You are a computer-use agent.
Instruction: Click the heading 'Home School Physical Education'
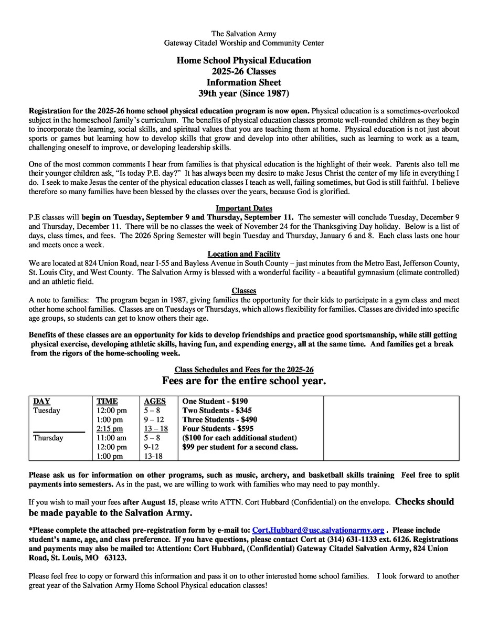(243, 60)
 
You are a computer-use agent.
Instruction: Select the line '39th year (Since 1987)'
(243, 93)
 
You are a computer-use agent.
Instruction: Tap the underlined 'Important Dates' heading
(243, 207)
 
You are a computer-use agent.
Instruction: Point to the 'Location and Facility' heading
(243, 254)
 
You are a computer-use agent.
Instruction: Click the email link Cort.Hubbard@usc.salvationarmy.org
(319, 530)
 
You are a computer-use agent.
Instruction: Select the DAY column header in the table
(41, 402)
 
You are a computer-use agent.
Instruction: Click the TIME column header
(107, 402)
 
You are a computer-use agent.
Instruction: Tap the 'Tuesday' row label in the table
(47, 410)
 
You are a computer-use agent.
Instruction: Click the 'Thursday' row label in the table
(48, 438)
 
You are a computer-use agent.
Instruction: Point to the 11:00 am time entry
(111, 438)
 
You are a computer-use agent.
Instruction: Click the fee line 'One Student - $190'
(215, 402)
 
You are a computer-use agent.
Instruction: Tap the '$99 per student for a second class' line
(240, 447)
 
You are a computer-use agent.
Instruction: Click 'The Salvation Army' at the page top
(243, 34)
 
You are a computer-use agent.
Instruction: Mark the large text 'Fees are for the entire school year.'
(244, 381)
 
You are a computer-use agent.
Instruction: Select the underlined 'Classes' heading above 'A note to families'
(243, 291)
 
